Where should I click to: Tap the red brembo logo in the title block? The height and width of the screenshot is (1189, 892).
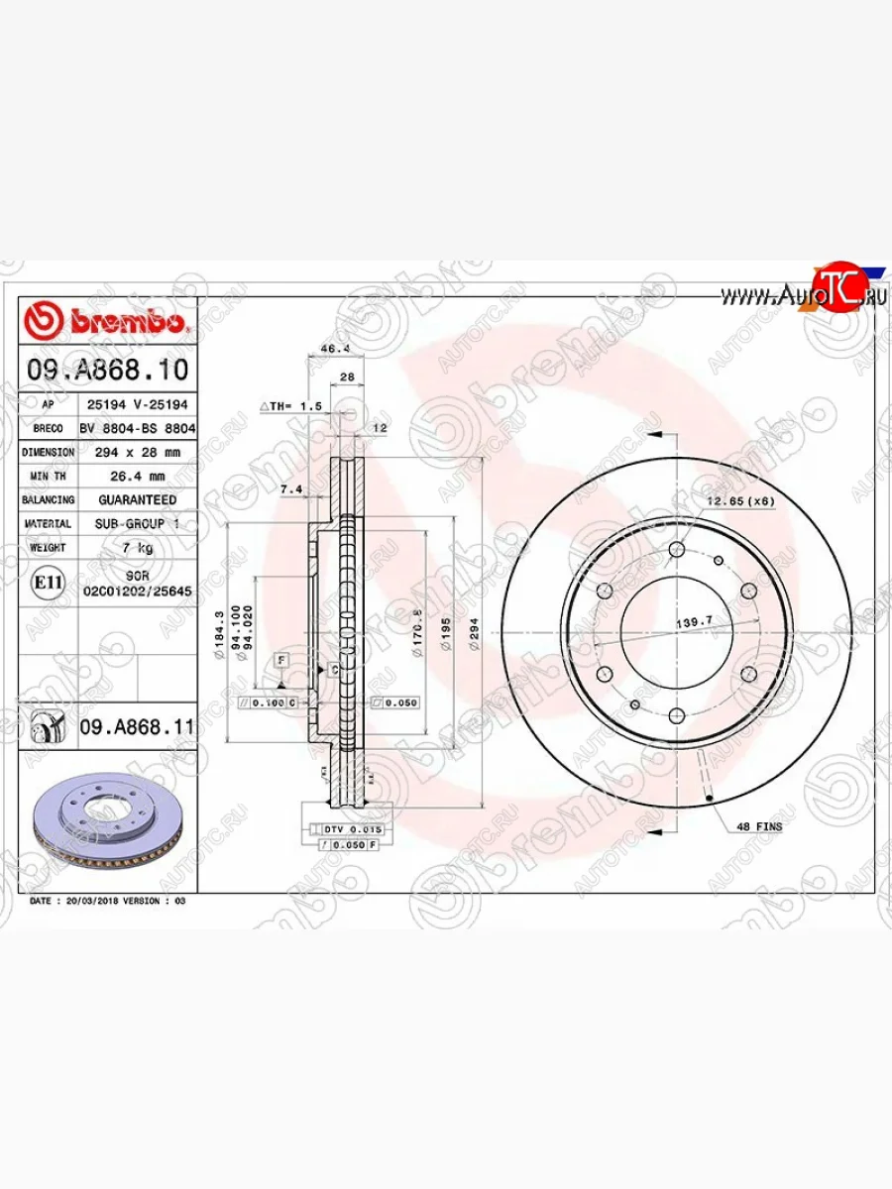pyautogui.click(x=106, y=322)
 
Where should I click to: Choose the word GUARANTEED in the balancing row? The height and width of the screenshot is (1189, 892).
pyautogui.click(x=137, y=500)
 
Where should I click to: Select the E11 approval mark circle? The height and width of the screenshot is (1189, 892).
pyautogui.click(x=48, y=584)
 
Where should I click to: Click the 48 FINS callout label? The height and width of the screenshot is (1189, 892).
pyautogui.click(x=759, y=825)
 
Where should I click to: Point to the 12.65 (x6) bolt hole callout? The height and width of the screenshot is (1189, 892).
pyautogui.click(x=741, y=501)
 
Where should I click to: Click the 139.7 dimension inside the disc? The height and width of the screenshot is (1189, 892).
pyautogui.click(x=695, y=622)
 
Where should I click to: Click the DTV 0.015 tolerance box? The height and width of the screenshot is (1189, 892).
pyautogui.click(x=347, y=828)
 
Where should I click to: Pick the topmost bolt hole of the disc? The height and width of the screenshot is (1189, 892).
pyautogui.click(x=677, y=549)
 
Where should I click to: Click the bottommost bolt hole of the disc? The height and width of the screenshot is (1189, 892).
pyautogui.click(x=677, y=715)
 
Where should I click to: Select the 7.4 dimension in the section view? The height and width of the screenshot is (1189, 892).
pyautogui.click(x=289, y=490)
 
